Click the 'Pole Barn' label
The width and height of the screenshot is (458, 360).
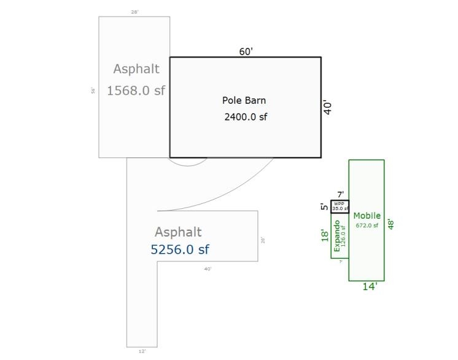244,100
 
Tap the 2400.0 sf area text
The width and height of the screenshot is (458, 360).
246,116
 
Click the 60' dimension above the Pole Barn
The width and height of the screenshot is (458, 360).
246,52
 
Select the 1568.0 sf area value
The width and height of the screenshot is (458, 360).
136,90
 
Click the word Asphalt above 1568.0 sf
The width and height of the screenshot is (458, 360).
136,69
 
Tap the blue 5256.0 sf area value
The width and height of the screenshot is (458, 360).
180,249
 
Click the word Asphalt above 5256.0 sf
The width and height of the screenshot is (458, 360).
178,232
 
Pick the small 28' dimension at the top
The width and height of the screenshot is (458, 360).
134,12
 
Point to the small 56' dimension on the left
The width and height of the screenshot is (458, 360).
93,90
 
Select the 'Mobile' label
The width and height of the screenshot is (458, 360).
367,216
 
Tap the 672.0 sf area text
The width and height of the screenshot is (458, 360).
367,225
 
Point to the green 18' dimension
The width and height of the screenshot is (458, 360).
325,236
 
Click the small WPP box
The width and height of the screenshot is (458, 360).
340,206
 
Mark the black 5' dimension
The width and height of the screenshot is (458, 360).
324,206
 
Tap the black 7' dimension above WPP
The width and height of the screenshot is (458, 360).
340,195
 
